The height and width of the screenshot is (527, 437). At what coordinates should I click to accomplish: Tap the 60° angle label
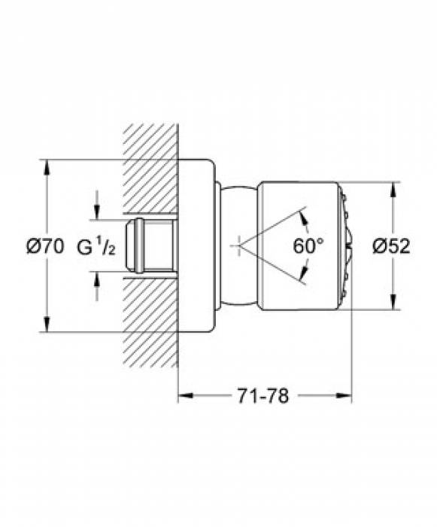pyautogui.click(x=308, y=245)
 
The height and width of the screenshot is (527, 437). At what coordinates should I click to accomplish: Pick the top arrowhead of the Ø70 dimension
pyautogui.click(x=47, y=165)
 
